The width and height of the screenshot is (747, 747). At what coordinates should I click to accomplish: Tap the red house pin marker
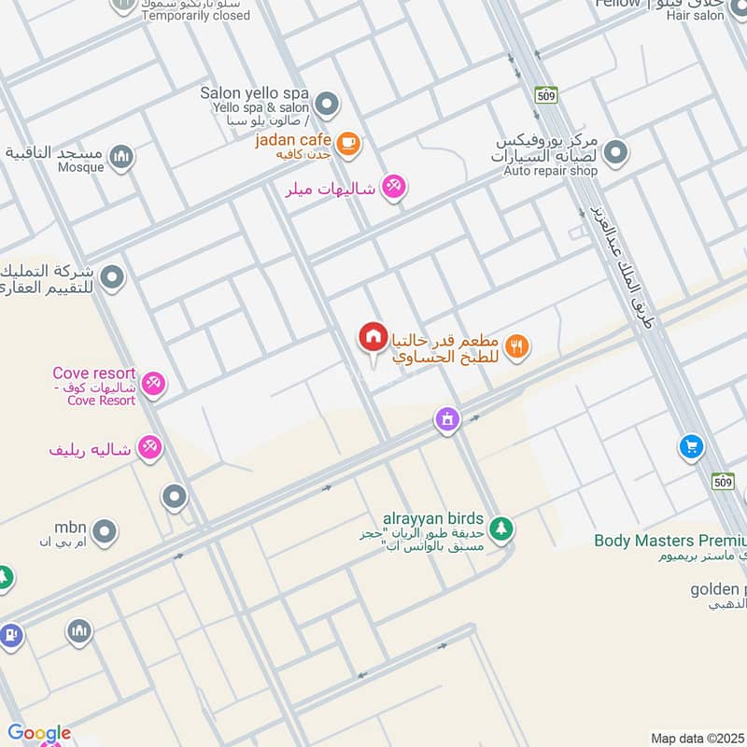pos(373,338)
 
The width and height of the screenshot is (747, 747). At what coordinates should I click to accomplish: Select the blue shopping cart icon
pos(691,446)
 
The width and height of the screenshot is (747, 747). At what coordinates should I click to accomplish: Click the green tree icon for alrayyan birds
pos(501,529)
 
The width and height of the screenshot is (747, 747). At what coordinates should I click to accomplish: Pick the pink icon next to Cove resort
pos(154,383)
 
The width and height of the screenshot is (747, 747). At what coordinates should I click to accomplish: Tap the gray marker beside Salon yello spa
pos(326,104)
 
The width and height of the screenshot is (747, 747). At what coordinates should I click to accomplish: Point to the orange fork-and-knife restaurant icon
pos(518,347)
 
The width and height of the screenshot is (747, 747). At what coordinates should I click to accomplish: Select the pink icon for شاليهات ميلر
pos(394,188)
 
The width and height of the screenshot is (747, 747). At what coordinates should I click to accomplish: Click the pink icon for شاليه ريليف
pos(148,448)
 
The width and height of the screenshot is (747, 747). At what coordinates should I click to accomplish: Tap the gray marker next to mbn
pos(104,532)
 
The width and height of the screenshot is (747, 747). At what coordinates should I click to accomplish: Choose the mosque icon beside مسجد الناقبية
pos(120,157)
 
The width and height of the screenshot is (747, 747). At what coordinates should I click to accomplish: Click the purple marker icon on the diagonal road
pos(448,419)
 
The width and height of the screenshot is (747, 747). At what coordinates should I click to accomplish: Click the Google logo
pos(39,734)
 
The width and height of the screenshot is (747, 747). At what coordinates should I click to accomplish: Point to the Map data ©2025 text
pos(697,739)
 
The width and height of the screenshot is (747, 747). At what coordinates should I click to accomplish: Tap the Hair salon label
pos(696,16)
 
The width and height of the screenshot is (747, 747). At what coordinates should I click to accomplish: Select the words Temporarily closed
pos(196,16)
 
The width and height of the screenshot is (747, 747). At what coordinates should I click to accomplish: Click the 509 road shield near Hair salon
pos(546,94)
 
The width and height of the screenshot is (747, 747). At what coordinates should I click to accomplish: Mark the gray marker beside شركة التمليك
pos(113,277)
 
